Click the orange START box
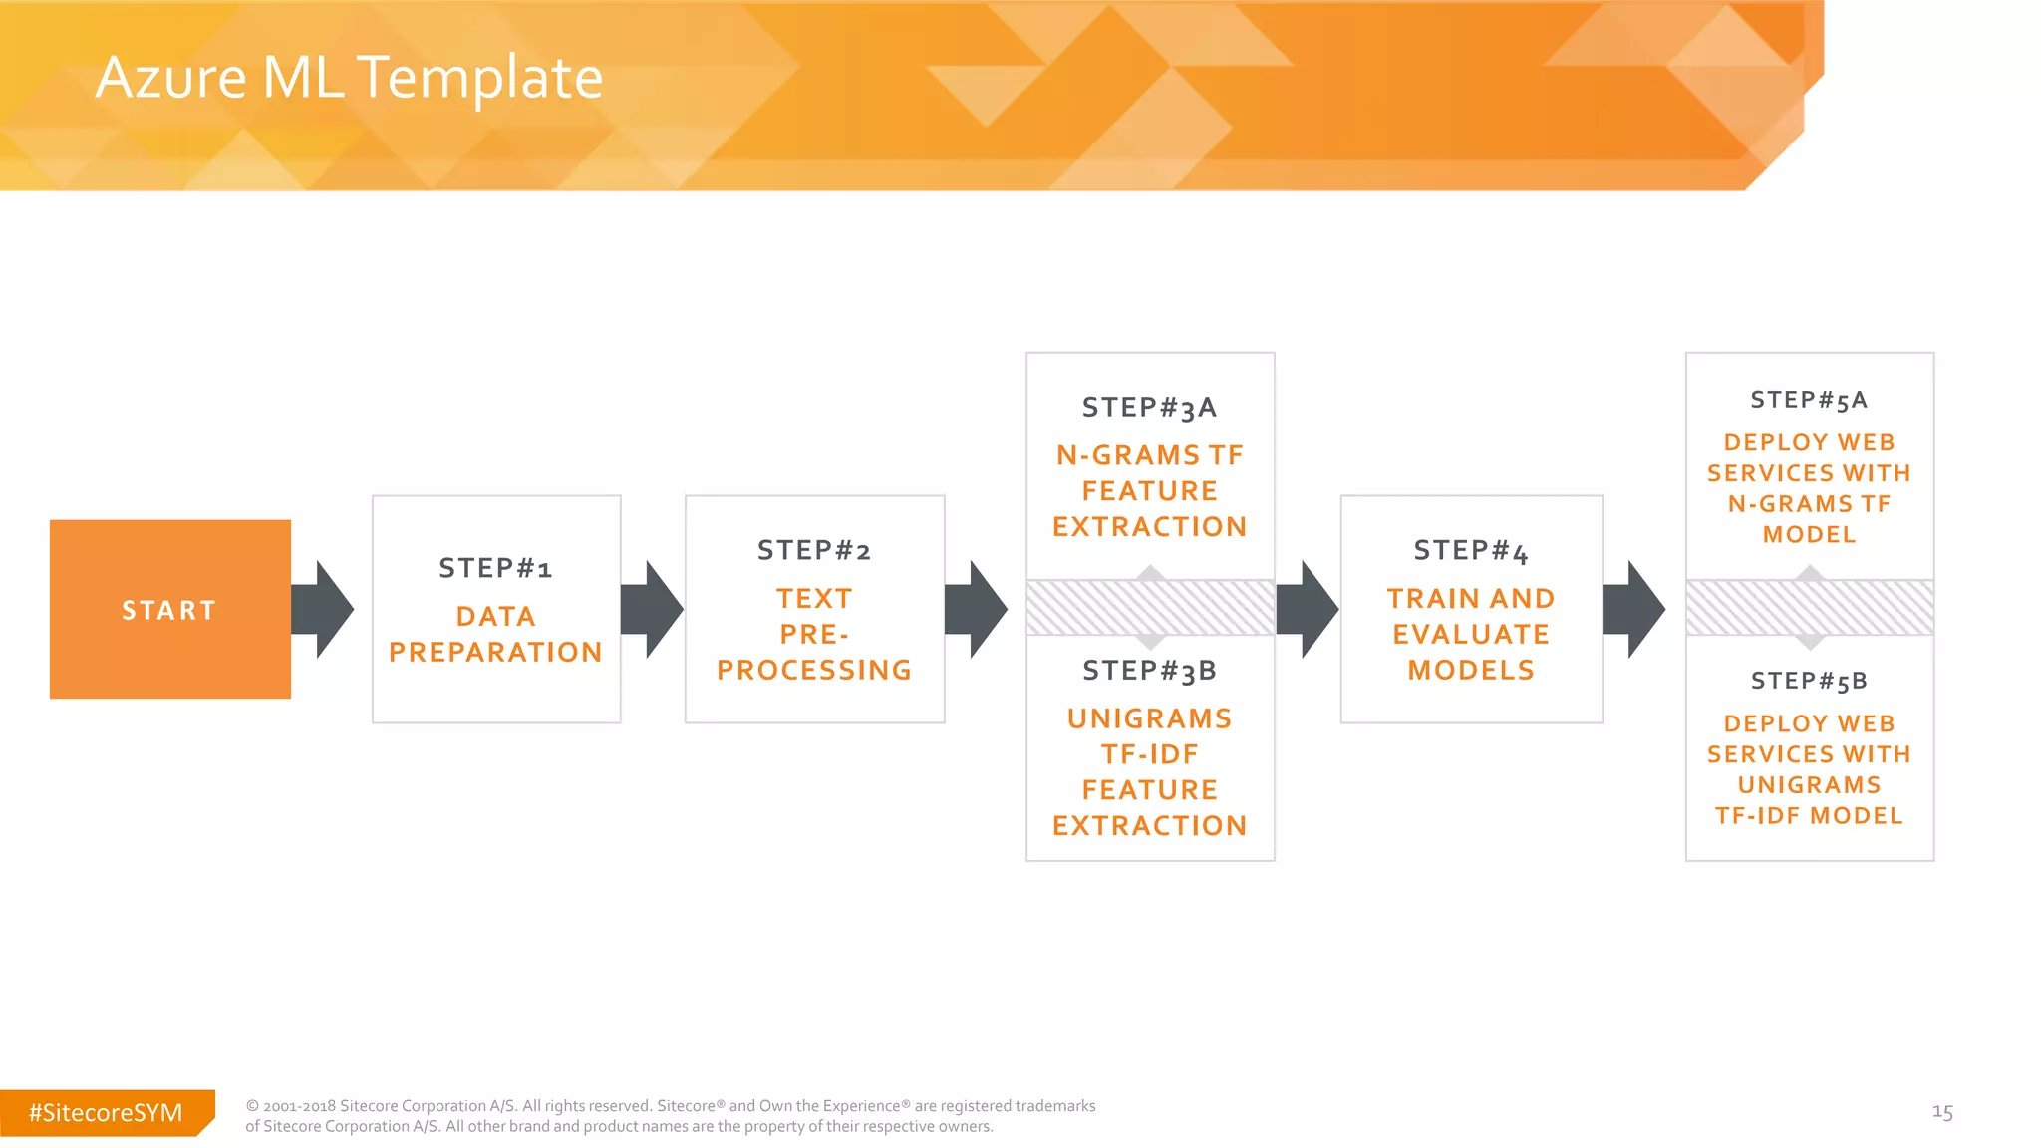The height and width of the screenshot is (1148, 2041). coord(170,609)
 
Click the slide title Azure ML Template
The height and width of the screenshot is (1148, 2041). coord(349,77)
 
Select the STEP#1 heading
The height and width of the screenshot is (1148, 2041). coord(495,568)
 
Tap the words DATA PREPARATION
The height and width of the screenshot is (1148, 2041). coord(495,634)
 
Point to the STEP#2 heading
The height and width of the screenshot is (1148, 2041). coord(814,550)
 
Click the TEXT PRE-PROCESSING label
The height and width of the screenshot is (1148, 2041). coord(814,634)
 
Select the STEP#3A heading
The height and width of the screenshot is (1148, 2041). coord(1149,407)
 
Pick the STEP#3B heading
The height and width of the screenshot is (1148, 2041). coord(1149,671)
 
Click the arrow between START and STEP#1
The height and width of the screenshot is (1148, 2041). coord(324,609)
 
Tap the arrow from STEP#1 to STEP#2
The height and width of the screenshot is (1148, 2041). coord(653,609)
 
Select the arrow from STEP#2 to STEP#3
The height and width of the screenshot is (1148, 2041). coord(977,609)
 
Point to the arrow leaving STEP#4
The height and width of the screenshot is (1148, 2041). coord(1634,609)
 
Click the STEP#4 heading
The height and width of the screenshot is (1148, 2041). coord(1471,550)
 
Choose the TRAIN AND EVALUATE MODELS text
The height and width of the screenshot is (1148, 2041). coord(1471,634)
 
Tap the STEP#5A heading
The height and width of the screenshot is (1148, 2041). coord(1809,400)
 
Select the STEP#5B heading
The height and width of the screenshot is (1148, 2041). coord(1809,681)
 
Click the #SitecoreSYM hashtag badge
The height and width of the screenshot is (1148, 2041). coord(106,1112)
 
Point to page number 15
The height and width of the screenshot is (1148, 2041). coord(1942,1112)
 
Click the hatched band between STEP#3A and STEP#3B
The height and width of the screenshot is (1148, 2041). coord(1150,608)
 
